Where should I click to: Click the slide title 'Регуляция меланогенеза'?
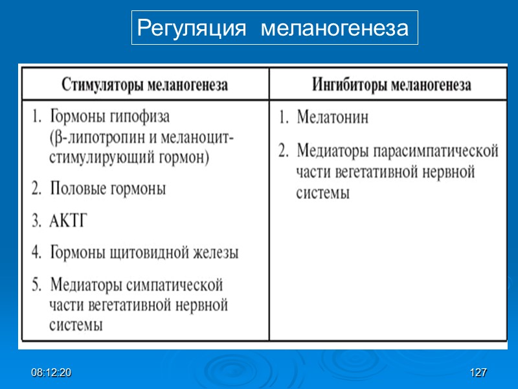point(275,28)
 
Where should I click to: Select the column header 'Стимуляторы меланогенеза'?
point(144,85)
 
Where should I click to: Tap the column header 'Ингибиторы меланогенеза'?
point(392,85)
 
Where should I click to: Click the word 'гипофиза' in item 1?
point(141,117)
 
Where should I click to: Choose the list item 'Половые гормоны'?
point(107,189)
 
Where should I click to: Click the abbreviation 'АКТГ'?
point(68,220)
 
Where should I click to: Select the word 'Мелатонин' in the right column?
point(332,118)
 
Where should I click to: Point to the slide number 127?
point(479,373)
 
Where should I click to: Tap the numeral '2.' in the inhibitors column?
point(284,152)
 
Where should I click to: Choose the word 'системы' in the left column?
point(76,325)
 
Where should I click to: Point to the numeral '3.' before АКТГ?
point(36,220)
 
